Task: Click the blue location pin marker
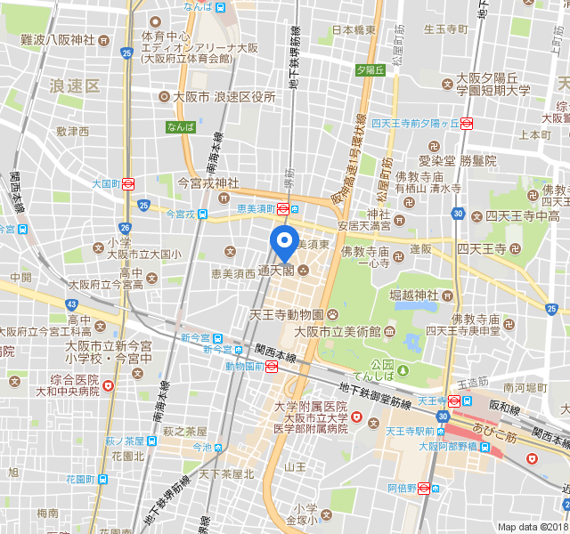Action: [284, 240]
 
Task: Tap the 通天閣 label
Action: [276, 271]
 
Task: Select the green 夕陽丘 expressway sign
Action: [369, 69]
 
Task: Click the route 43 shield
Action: [71, 304]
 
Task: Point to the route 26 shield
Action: [125, 228]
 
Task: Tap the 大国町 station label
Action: [105, 184]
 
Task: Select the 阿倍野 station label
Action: [403, 488]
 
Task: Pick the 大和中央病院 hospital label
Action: [62, 391]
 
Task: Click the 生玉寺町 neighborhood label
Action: [445, 28]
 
